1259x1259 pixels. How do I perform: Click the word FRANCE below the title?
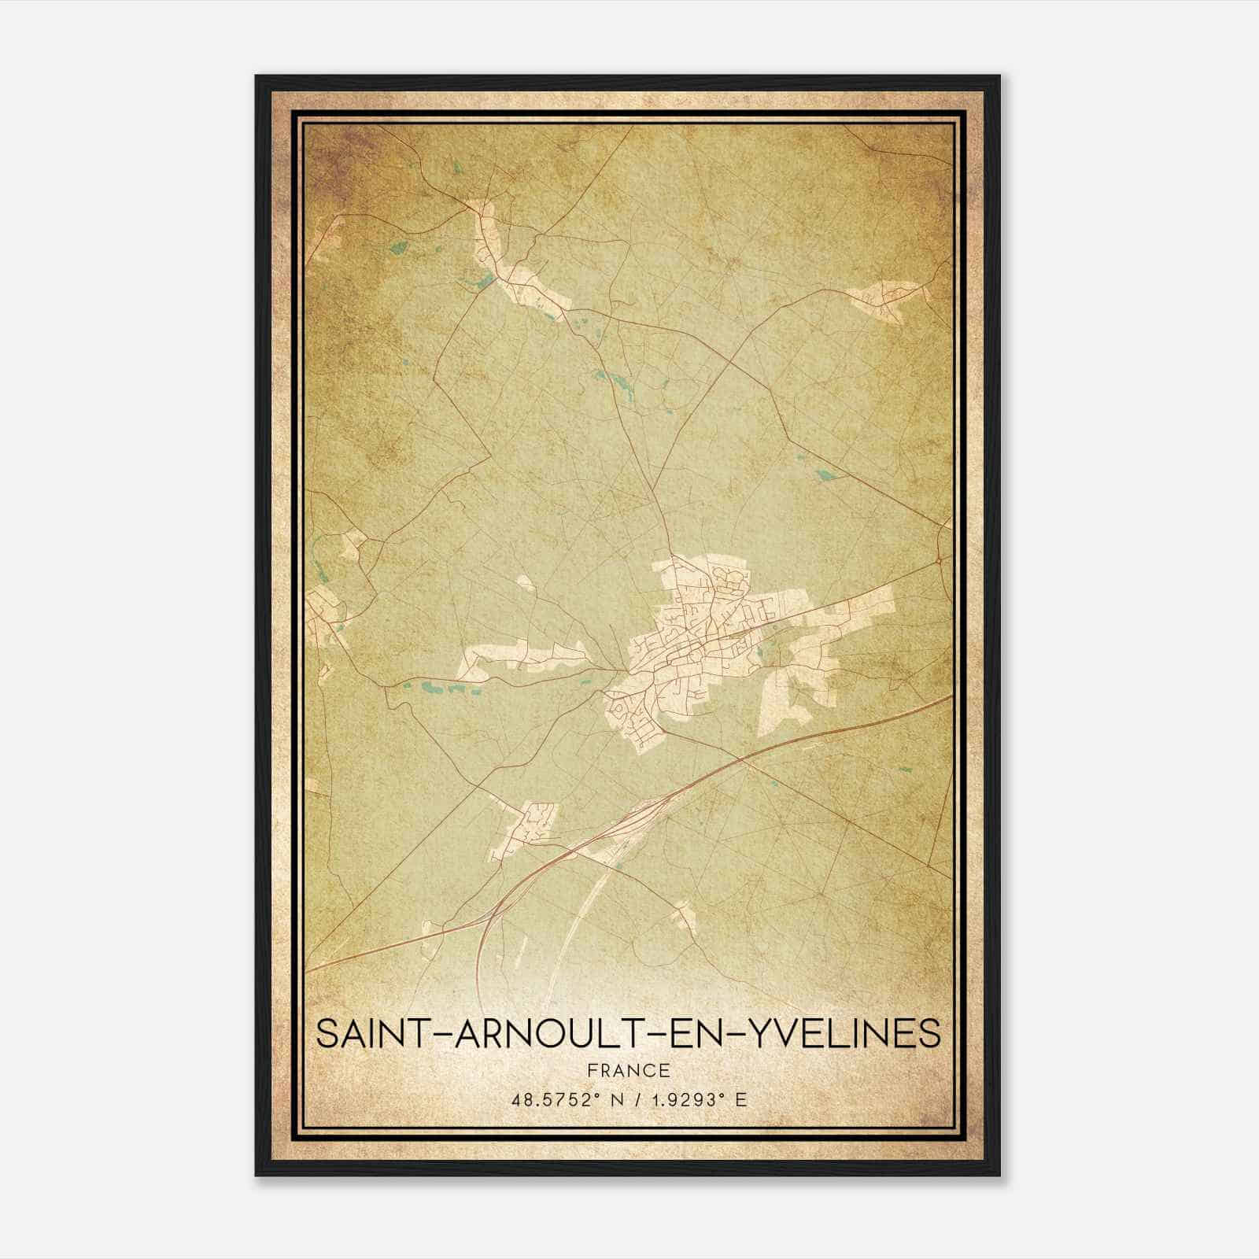coord(629,1070)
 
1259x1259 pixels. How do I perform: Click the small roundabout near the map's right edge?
coord(940,560)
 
